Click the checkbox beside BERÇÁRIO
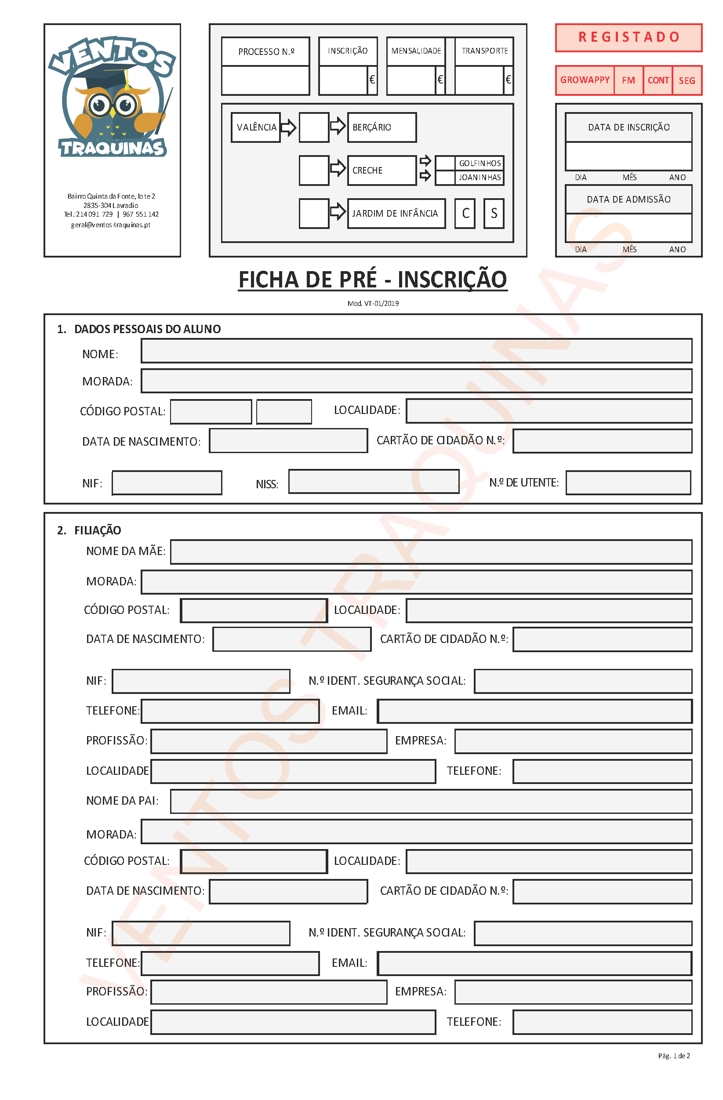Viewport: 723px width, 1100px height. click(313, 127)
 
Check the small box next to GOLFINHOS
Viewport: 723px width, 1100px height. click(445, 163)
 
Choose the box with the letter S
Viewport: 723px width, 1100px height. click(493, 213)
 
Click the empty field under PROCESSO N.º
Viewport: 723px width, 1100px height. click(265, 80)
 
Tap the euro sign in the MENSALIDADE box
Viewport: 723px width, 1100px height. click(440, 80)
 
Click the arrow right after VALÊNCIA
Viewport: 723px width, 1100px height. click(288, 127)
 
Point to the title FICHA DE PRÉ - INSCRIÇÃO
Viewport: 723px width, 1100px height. click(372, 280)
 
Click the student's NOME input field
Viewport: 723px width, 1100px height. click(416, 351)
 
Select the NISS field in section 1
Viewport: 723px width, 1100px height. click(373, 481)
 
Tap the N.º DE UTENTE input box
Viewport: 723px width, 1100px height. click(628, 483)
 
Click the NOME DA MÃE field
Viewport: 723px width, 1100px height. click(430, 552)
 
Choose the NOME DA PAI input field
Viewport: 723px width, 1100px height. click(430, 801)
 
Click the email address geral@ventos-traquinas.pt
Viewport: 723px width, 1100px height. click(110, 225)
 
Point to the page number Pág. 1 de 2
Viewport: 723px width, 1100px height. click(673, 1056)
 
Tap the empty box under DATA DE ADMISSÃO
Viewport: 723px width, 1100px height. click(628, 227)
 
